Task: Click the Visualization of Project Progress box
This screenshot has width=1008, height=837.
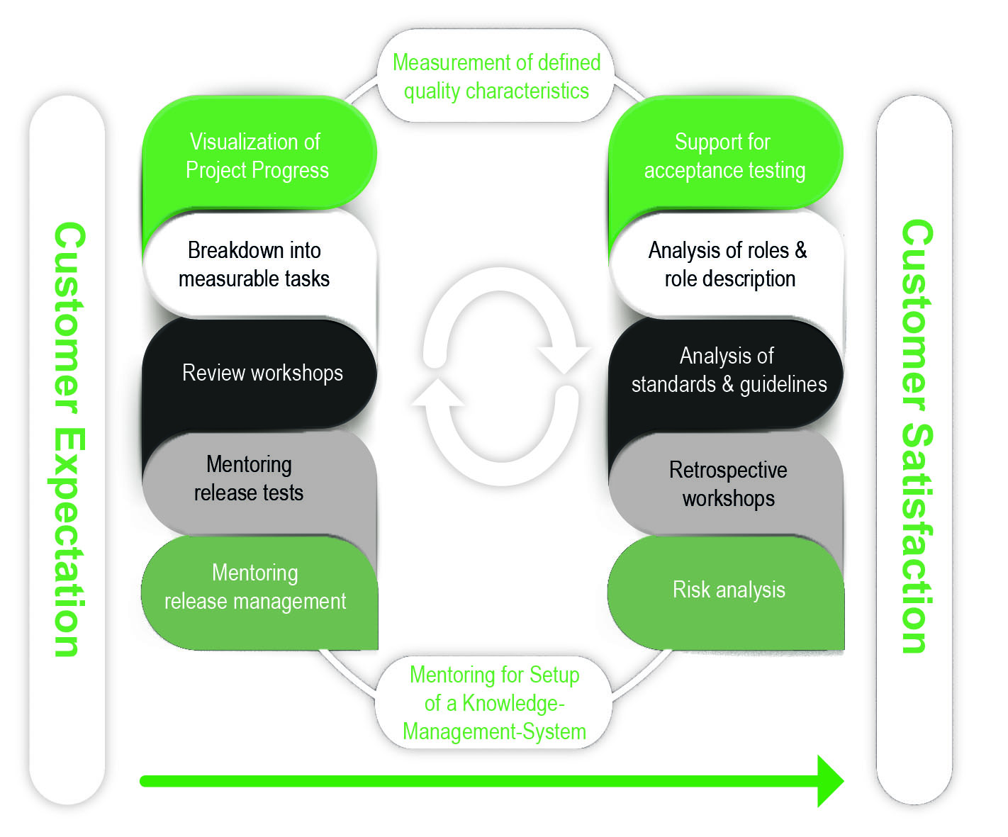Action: [x=258, y=156]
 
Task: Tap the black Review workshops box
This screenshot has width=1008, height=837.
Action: [x=261, y=373]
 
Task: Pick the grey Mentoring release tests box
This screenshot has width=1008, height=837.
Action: [x=250, y=479]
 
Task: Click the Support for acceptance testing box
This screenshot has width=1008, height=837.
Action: [x=724, y=156]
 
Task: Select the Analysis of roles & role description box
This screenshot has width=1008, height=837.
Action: [x=727, y=264]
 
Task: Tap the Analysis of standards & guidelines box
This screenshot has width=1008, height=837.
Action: [x=727, y=370]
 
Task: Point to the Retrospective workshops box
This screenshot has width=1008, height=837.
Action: [x=729, y=484]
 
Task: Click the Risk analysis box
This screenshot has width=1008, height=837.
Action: [x=729, y=590]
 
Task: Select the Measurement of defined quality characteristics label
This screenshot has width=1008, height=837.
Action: [x=496, y=77]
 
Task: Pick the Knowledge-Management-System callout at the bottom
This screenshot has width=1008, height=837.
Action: [x=495, y=703]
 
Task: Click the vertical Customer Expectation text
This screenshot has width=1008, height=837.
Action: [x=69, y=439]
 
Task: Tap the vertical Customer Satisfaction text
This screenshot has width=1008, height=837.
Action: [x=916, y=436]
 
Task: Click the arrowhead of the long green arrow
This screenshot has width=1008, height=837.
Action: [x=829, y=781]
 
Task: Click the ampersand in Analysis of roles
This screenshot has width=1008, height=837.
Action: [x=800, y=250]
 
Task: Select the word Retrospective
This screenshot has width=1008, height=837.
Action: [x=728, y=470]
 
